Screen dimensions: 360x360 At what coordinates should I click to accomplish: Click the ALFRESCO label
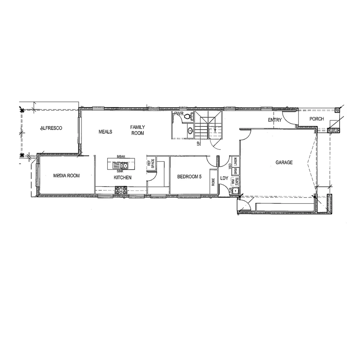(x=51, y=128)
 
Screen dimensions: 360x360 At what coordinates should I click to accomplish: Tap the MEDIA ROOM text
(x=66, y=176)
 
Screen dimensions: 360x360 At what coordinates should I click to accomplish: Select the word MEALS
(x=105, y=132)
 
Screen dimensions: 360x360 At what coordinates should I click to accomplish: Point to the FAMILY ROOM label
(x=137, y=130)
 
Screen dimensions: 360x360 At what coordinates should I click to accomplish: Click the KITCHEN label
(x=123, y=178)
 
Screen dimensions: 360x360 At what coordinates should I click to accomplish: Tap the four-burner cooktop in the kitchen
(x=121, y=190)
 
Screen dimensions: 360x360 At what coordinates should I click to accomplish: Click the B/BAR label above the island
(x=120, y=156)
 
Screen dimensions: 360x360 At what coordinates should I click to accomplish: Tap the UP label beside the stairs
(x=199, y=143)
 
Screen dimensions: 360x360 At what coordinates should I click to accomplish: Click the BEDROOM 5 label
(x=189, y=177)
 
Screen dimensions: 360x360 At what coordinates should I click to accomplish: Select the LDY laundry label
(x=224, y=178)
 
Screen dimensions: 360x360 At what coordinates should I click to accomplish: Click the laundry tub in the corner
(x=236, y=191)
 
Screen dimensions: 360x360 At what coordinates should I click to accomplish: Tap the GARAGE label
(x=284, y=162)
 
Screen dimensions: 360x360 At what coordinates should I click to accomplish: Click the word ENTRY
(x=275, y=120)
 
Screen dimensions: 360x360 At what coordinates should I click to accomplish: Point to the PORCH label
(x=316, y=119)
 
